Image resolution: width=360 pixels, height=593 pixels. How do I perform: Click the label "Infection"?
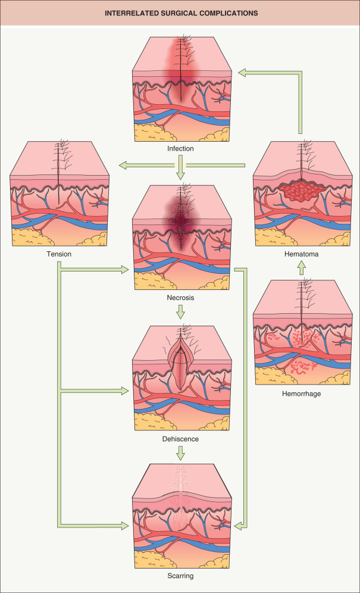180,148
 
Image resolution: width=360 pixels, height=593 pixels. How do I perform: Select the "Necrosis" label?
180,296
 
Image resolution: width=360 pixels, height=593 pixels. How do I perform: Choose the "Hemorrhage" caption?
300,394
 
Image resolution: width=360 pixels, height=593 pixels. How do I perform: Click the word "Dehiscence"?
180,439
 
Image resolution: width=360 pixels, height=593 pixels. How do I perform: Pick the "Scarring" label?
180,576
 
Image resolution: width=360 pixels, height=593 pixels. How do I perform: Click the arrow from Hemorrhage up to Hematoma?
300,269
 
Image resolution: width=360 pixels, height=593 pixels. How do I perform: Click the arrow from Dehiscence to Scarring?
180,453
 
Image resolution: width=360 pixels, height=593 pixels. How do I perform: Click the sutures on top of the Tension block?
59,151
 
